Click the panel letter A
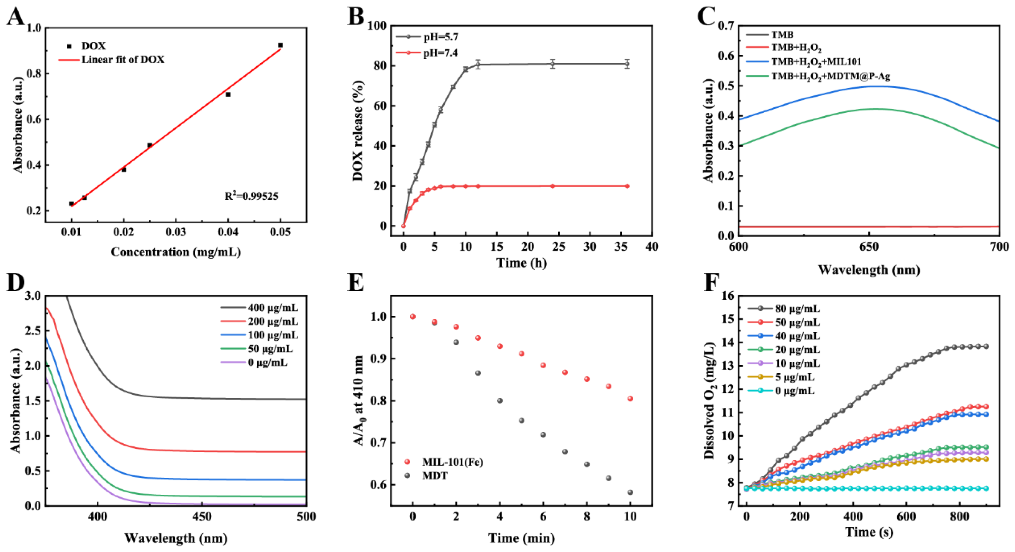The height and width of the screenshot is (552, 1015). (x=16, y=17)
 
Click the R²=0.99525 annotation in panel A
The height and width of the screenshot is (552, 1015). (x=251, y=196)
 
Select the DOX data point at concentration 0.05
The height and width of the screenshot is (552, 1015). (x=280, y=45)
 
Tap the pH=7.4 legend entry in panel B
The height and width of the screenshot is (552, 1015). (x=440, y=53)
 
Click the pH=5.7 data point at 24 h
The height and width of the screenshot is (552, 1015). (x=552, y=64)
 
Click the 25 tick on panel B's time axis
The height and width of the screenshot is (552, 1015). (x=558, y=246)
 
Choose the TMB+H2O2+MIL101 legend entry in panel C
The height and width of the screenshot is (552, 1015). (x=815, y=61)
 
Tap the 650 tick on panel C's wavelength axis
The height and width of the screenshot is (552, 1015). (x=869, y=246)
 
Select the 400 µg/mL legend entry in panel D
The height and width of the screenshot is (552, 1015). (x=273, y=308)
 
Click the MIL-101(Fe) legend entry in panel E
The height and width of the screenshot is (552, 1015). (x=452, y=462)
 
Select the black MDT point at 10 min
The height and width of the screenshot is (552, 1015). (x=630, y=492)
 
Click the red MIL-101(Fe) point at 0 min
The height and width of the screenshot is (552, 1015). (x=413, y=316)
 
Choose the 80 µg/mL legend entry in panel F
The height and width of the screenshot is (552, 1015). (x=797, y=309)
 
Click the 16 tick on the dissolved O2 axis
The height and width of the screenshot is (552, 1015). (x=729, y=296)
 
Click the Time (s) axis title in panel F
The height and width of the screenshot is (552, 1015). (x=869, y=532)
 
